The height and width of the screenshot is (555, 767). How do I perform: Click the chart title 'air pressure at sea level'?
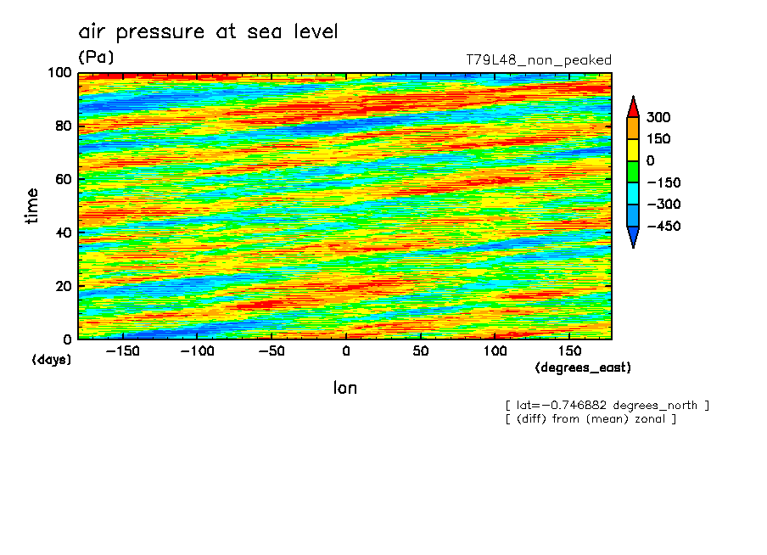pyautogui.click(x=208, y=32)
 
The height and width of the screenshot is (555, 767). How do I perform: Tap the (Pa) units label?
pyautogui.click(x=96, y=58)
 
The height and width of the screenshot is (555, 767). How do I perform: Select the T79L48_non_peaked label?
pyautogui.click(x=538, y=60)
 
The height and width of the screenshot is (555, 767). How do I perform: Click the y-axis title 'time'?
pyautogui.click(x=32, y=205)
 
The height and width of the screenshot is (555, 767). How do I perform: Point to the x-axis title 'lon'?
pyautogui.click(x=344, y=388)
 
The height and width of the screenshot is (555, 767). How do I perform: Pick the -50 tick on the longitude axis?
pyautogui.click(x=272, y=351)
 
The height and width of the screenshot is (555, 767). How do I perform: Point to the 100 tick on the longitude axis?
pyautogui.click(x=495, y=351)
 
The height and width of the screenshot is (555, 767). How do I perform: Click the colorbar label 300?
pyautogui.click(x=659, y=117)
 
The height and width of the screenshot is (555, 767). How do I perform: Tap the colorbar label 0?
pyautogui.click(x=651, y=161)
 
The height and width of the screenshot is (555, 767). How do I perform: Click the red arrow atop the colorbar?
pyautogui.click(x=633, y=107)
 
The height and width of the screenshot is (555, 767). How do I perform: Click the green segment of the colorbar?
pyautogui.click(x=633, y=171)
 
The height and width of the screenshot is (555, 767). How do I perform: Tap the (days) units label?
pyautogui.click(x=51, y=360)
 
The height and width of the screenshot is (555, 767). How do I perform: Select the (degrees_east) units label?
pyautogui.click(x=583, y=367)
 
